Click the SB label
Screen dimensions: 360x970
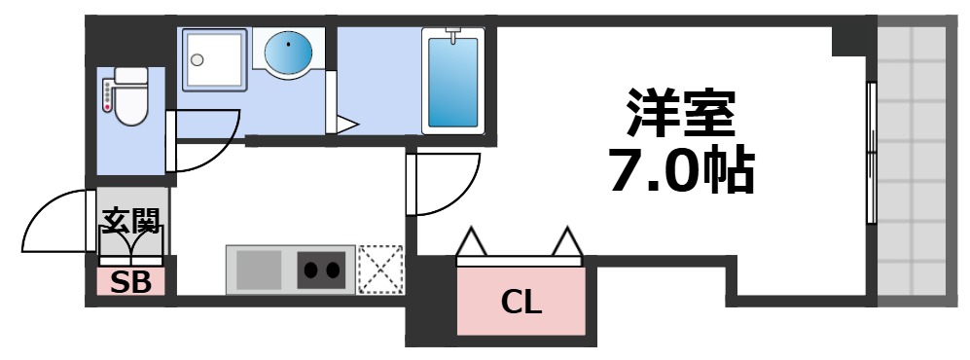pyautogui.click(x=129, y=282)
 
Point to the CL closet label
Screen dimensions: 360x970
pyautogui.click(x=521, y=303)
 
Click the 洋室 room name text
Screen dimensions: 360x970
pyautogui.click(x=680, y=115)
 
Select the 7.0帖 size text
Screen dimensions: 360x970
pyautogui.click(x=680, y=171)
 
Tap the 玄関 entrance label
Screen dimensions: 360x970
pyautogui.click(x=130, y=223)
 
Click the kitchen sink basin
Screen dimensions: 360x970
pyautogui.click(x=258, y=269)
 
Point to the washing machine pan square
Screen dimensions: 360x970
pyautogui.click(x=214, y=60)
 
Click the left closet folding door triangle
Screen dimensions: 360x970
pyautogui.click(x=473, y=242)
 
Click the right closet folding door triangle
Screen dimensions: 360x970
pyautogui.click(x=566, y=242)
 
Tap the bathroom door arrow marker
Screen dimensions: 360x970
pyautogui.click(x=345, y=124)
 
